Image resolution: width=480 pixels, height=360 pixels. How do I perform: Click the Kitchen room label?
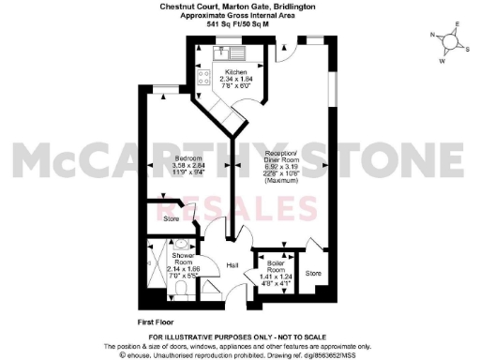coord(235,72)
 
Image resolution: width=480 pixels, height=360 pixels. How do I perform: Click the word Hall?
coord(233,265)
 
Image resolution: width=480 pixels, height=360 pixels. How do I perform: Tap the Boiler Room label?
coord(277,258)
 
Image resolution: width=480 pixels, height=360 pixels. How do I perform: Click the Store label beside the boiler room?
coord(313,273)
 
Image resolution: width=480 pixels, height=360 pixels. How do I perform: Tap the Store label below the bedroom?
coord(171,219)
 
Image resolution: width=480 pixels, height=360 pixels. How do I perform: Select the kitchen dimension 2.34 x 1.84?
coord(235,80)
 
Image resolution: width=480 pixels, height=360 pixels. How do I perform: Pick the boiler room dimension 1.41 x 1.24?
coord(277,271)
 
